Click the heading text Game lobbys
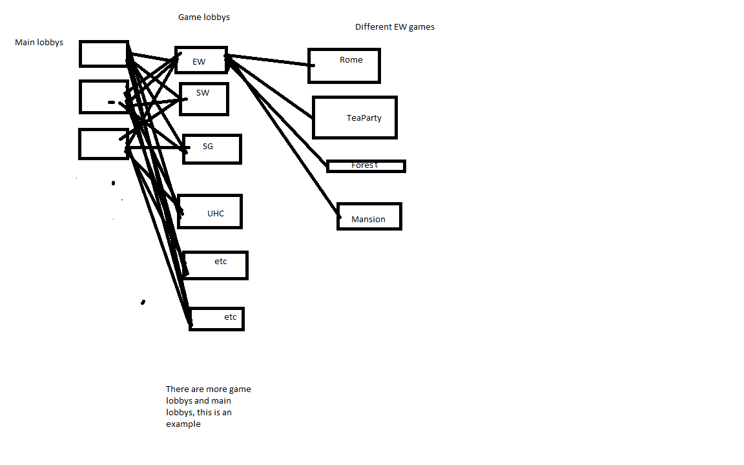(204, 17)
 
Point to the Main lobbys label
(39, 42)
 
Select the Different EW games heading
(395, 27)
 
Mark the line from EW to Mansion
(284, 136)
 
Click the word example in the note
(183, 424)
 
